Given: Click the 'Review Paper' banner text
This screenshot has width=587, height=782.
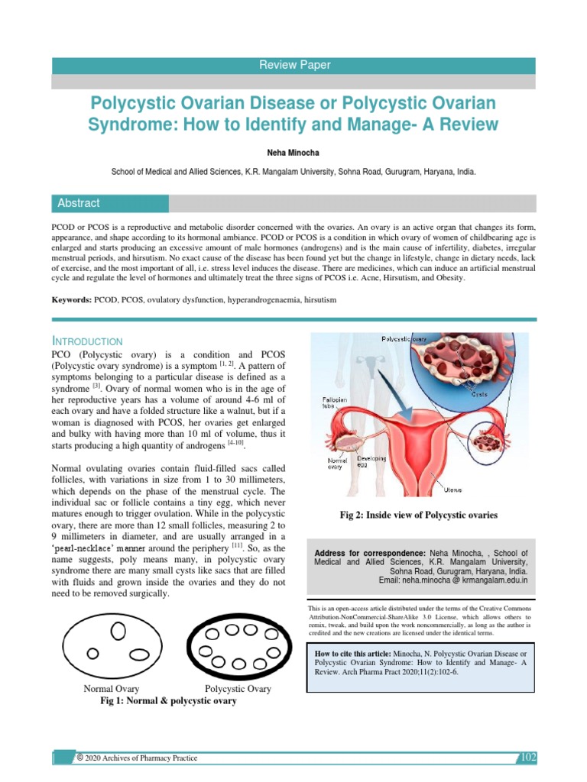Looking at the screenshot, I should tap(294, 66).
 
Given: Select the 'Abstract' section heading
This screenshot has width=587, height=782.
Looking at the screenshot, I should tap(79, 203).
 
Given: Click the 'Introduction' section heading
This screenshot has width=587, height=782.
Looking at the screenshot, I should tap(87, 340).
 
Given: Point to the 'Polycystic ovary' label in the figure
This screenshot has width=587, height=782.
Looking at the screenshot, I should tap(404, 338).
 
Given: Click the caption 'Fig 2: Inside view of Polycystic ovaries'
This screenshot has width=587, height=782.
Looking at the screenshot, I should tap(418, 515).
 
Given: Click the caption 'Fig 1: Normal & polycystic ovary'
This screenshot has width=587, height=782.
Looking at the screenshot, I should tap(168, 701).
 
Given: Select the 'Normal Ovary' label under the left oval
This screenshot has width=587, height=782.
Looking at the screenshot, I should tap(112, 689).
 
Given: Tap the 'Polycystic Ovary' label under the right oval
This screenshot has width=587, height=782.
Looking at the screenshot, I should tap(238, 689).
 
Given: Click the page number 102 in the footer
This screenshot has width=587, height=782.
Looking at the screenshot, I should tap(528, 758).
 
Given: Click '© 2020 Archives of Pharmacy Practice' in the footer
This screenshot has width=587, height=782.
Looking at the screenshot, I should tap(138, 758).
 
